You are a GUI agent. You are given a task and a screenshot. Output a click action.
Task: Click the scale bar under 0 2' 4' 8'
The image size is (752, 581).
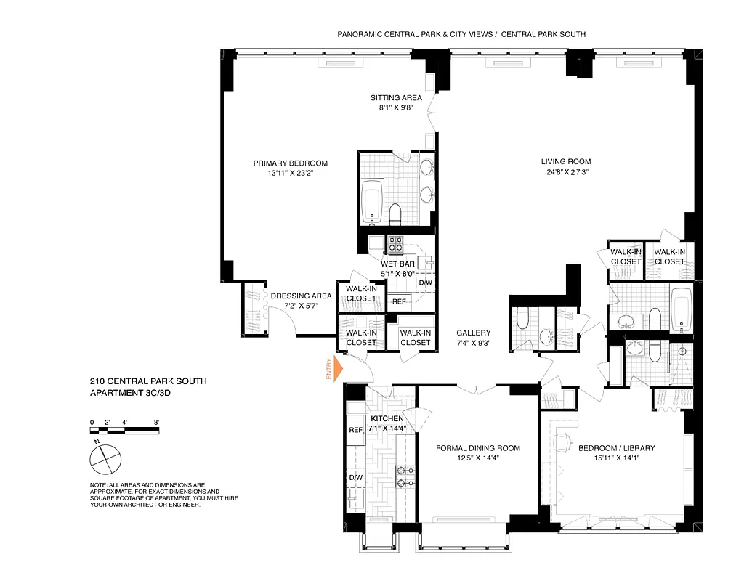(124, 430)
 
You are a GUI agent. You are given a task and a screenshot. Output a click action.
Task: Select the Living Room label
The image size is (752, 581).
(565, 161)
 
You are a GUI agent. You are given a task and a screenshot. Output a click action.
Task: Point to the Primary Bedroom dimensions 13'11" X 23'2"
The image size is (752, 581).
(290, 174)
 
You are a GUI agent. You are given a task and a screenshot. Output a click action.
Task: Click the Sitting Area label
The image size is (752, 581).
(396, 97)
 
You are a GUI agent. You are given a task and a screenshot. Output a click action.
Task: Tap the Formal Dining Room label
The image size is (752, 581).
(477, 448)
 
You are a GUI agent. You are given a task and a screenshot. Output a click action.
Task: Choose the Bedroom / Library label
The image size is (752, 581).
(616, 448)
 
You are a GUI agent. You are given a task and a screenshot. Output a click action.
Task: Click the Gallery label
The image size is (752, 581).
(474, 333)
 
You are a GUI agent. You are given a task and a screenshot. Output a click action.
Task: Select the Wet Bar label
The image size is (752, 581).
(397, 264)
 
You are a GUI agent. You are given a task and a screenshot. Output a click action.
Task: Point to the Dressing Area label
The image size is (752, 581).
(301, 296)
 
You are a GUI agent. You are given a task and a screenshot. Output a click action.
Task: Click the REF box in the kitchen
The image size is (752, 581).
(355, 430)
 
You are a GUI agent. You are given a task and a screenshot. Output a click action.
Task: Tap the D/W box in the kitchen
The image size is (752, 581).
(355, 477)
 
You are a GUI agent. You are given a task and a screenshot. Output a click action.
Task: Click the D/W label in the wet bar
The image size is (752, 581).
(425, 283)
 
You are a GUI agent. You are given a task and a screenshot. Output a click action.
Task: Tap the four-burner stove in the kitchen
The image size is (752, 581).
(405, 476)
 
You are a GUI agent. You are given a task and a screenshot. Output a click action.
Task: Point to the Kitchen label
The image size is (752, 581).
(387, 419)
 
